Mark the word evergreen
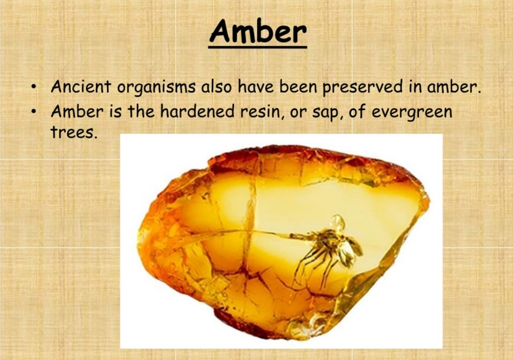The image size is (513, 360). point(420,113)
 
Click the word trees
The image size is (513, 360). point(73,133)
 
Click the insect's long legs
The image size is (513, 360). point(311,266)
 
